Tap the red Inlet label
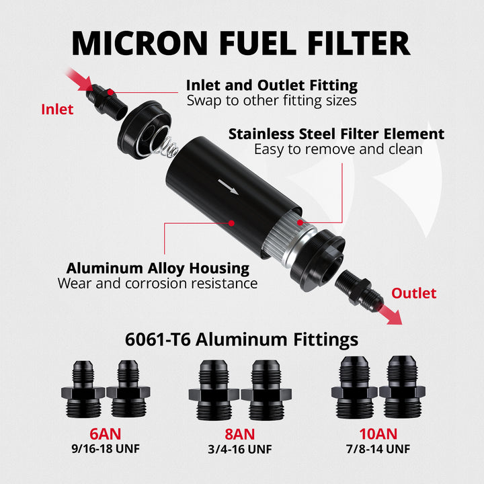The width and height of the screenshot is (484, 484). click(57, 110)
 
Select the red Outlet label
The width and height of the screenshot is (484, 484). click(413, 293)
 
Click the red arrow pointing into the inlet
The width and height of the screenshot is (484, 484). click(78, 78)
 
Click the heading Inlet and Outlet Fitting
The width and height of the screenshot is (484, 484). click(272, 85)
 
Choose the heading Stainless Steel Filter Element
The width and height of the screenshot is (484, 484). click(336, 134)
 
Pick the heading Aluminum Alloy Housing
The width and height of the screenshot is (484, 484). click(157, 268)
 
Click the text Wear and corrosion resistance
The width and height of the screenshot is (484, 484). click(157, 284)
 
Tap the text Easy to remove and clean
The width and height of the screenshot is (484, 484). click(338, 149)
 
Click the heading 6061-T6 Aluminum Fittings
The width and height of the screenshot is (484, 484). click(241, 339)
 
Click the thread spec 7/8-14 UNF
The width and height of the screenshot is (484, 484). click(377, 449)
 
